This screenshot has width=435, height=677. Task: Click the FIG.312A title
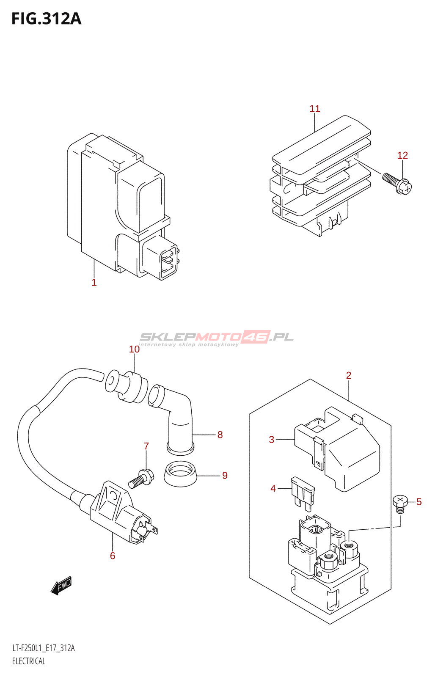click(x=46, y=19)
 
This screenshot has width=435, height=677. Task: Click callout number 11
click(x=315, y=109)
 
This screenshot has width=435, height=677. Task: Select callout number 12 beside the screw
click(x=402, y=155)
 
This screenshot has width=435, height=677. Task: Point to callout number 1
click(x=94, y=282)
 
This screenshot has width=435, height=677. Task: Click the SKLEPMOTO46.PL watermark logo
click(x=216, y=338)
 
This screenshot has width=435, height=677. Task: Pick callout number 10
click(x=134, y=349)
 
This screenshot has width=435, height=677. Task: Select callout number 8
click(x=220, y=435)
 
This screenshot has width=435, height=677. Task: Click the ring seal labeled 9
click(x=181, y=474)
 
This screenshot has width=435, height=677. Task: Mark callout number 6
click(x=113, y=556)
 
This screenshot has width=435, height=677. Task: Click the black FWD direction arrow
click(x=61, y=586)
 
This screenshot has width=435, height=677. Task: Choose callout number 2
click(x=349, y=375)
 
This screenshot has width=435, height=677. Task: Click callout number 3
click(x=272, y=440)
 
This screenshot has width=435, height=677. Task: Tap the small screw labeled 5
click(x=400, y=504)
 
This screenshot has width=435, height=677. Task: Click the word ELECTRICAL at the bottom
click(x=29, y=661)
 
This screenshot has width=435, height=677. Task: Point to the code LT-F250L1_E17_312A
click(x=44, y=648)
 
